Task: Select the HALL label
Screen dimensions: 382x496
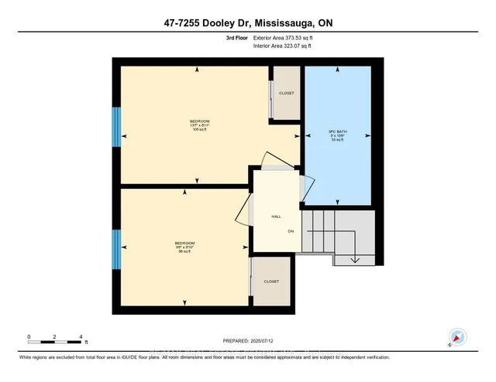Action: coord(275,217)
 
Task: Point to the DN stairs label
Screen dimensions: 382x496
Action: coord(291,230)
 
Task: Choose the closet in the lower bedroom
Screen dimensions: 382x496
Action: coord(271,281)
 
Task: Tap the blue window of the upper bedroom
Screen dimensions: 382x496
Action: coord(117,126)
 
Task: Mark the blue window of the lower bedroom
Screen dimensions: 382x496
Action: coord(117,247)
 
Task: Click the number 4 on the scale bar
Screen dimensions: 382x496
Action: coord(81,337)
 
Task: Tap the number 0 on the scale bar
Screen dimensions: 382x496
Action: coord(29,337)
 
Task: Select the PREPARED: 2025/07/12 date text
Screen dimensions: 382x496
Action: coord(246,340)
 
